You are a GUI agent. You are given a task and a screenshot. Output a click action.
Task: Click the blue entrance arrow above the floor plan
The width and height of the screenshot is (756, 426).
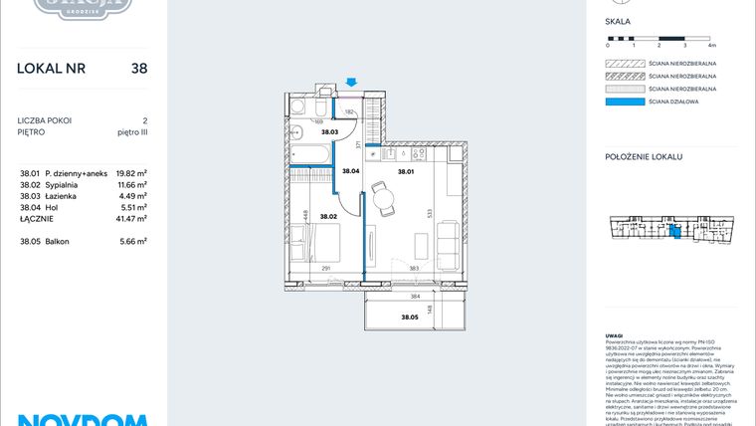(x=351, y=83)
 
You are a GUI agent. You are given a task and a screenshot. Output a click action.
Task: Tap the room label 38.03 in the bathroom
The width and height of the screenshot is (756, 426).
(x=329, y=132)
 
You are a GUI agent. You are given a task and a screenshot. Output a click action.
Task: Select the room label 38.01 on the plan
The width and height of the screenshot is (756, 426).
(x=405, y=172)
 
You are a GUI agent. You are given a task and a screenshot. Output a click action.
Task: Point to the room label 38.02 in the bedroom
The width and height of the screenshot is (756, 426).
(x=329, y=215)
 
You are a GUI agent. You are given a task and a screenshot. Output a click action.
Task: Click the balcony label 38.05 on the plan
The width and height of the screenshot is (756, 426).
(x=409, y=317)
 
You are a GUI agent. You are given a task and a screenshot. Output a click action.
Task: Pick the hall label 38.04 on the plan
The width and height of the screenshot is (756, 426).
(x=350, y=172)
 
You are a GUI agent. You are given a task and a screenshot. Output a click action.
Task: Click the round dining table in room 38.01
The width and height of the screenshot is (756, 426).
(x=382, y=196)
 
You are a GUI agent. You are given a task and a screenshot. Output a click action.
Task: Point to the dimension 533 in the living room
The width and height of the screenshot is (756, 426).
(x=429, y=212)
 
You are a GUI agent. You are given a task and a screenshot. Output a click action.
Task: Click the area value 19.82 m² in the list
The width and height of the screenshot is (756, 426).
(x=132, y=171)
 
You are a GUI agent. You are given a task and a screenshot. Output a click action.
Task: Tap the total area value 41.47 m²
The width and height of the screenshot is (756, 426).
(x=132, y=218)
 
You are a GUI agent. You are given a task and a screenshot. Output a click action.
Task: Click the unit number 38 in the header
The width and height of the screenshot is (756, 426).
(x=139, y=69)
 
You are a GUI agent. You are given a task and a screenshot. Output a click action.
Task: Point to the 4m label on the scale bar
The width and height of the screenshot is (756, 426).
(x=711, y=46)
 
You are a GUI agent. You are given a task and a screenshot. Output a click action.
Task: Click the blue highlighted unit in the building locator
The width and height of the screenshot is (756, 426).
(x=675, y=232)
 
